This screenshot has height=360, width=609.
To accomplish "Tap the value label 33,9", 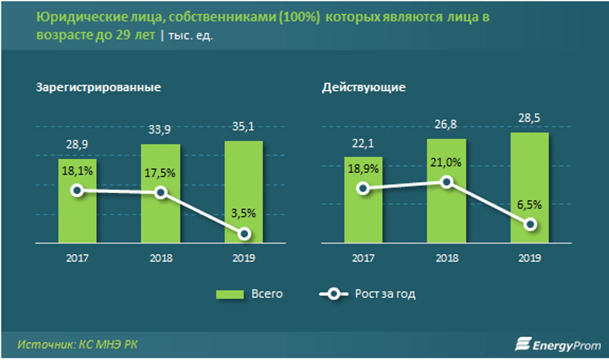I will pos(160,130).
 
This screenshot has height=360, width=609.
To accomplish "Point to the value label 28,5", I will pos(529,118).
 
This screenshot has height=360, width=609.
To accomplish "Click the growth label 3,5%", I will pos(243,213).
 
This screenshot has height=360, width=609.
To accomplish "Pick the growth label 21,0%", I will pos(446,163).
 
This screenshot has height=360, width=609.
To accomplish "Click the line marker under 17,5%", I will pos(160,193).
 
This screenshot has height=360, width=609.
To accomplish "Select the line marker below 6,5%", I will pos(530,225).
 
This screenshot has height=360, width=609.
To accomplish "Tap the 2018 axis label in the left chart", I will pos(161,258).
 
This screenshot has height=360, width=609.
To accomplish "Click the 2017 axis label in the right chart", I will pos(363,258).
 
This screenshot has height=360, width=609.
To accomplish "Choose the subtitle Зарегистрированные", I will pos(98,87).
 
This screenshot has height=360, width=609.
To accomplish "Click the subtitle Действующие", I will pos(364,87).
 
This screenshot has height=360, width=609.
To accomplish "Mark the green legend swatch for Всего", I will pos(230,294).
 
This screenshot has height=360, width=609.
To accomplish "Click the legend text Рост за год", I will pos(385,294).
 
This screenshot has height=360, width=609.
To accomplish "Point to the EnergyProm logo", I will pos(558,344).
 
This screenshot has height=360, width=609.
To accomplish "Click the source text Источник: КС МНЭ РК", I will pos(78,344).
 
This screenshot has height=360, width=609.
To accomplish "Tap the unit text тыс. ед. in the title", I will pos(191,36).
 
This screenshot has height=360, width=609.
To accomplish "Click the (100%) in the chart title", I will pos(299,17).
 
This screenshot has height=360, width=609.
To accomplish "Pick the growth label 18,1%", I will pos(77,171).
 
